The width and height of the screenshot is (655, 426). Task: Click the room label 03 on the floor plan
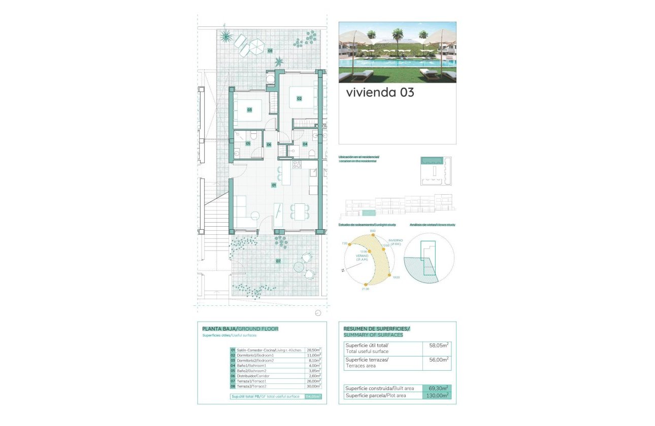click(x=249, y=110)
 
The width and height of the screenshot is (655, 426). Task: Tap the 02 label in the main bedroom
click(x=300, y=98)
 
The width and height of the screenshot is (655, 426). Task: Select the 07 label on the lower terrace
click(x=278, y=261)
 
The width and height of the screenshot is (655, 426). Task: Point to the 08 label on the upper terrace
click(x=270, y=51)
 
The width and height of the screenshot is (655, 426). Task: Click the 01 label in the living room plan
click(x=274, y=185)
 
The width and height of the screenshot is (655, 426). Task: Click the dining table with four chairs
click(x=299, y=211)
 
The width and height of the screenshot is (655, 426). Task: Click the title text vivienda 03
click(x=380, y=92)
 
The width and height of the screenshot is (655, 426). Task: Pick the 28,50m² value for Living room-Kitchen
click(x=313, y=350)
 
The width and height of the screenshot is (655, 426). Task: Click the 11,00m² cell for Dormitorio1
click(x=313, y=356)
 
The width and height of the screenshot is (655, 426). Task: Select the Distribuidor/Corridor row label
click(x=254, y=376)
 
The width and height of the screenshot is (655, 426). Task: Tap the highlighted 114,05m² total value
click(x=313, y=396)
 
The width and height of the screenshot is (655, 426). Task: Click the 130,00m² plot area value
click(x=437, y=395)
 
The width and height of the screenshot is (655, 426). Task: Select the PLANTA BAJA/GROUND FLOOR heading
click(x=240, y=329)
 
